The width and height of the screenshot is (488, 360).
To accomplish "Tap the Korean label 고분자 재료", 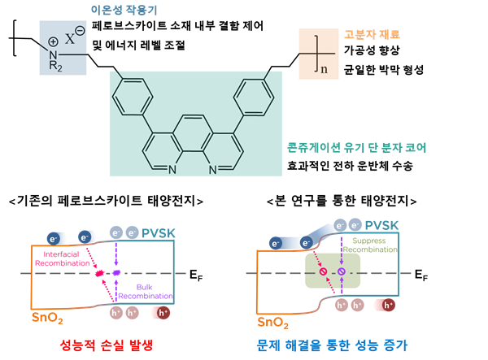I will click(372, 35).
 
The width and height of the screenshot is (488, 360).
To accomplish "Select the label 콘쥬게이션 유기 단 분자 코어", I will click(357, 148).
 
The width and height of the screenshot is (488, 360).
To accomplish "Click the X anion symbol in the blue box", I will click(71, 37).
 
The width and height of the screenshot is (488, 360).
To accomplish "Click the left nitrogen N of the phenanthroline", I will click(172, 170).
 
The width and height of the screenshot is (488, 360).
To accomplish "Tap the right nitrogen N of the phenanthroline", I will click(212, 170).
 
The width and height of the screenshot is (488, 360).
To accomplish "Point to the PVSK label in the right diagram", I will click(381, 225).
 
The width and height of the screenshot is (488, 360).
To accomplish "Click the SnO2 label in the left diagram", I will click(46, 316).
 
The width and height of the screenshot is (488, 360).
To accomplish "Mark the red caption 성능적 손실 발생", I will click(107, 345).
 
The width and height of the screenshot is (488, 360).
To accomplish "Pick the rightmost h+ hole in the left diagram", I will click(163, 312).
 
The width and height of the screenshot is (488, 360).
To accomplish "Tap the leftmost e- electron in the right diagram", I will click(276, 243).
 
